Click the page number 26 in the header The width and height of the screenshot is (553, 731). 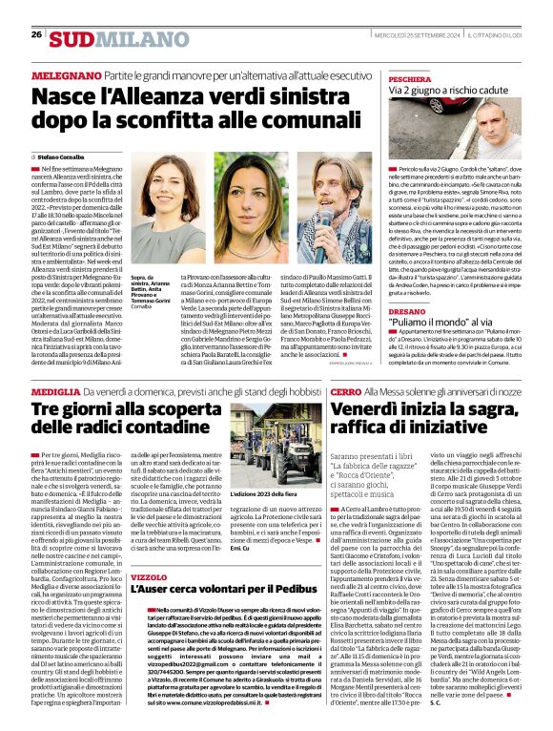tap(36, 34)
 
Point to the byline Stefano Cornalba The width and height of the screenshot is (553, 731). tap(62, 155)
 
